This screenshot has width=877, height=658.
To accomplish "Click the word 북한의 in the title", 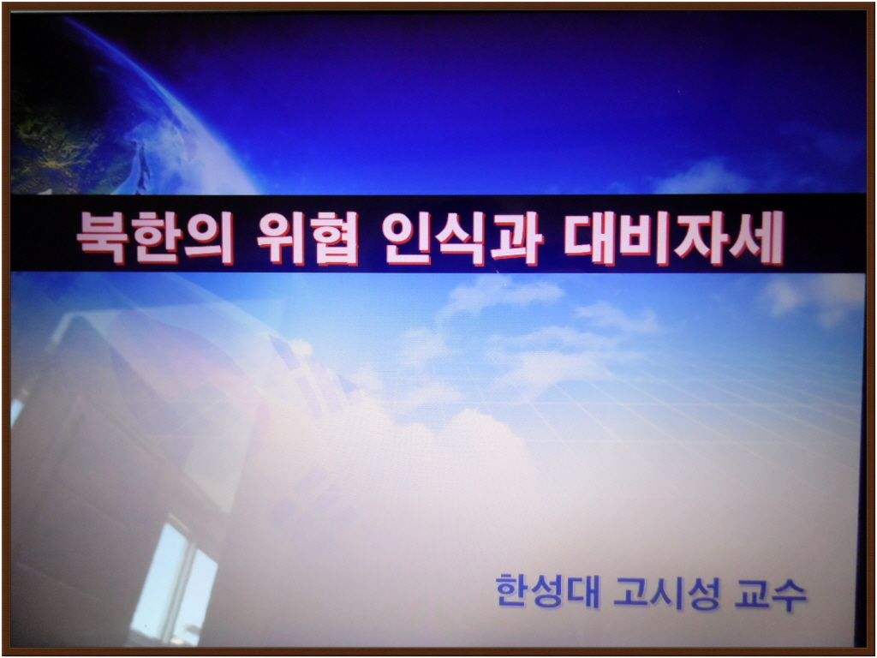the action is pyautogui.click(x=155, y=237).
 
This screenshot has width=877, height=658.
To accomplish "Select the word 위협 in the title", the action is pyautogui.click(x=307, y=238).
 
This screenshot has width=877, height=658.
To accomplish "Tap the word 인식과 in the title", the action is pyautogui.click(x=463, y=238).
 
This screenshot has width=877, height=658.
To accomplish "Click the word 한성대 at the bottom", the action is pyautogui.click(x=547, y=591).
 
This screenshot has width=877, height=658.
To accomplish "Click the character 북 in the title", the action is pyautogui.click(x=102, y=237).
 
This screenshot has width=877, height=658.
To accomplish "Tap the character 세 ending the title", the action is pyautogui.click(x=759, y=238).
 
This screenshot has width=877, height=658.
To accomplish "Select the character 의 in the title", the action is pyautogui.click(x=209, y=238).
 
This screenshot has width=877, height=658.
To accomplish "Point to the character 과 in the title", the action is pyautogui.click(x=518, y=238).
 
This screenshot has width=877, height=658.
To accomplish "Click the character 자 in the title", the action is pyautogui.click(x=701, y=238).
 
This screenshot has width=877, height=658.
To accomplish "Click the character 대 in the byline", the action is pyautogui.click(x=583, y=592).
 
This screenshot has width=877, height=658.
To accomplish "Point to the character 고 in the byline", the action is pyautogui.click(x=630, y=592).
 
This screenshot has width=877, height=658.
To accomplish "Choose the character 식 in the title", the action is pyautogui.click(x=463, y=238).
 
